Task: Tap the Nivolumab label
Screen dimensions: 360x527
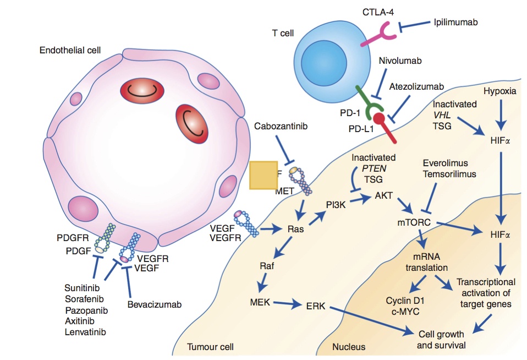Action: tap(400, 61)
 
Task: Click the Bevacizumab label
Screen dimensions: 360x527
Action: tap(153, 304)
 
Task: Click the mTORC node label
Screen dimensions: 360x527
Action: tap(413, 223)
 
